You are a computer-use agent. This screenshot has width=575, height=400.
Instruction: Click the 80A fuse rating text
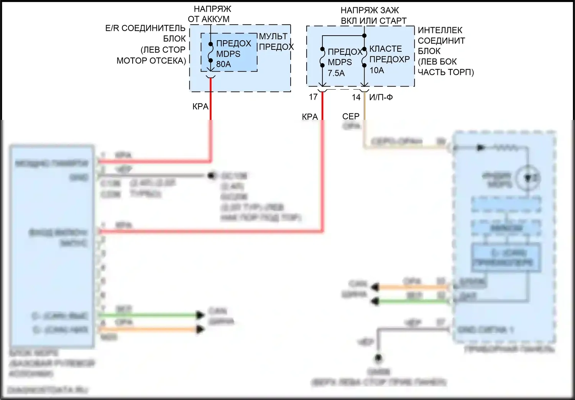click(x=223, y=64)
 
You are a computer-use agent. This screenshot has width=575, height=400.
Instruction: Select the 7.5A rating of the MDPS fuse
click(x=336, y=73)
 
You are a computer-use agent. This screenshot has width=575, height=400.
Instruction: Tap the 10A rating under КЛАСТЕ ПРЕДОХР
click(x=377, y=70)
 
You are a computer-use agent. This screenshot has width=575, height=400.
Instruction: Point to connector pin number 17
click(x=313, y=97)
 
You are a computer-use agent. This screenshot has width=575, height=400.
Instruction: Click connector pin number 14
click(x=356, y=97)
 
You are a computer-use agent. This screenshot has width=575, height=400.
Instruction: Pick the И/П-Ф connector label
click(x=381, y=97)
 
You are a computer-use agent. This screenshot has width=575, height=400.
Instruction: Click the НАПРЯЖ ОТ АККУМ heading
click(x=210, y=14)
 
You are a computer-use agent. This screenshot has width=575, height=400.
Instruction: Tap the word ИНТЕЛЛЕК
click(x=440, y=30)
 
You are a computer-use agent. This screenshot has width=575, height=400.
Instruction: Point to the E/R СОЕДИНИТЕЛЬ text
click(x=145, y=28)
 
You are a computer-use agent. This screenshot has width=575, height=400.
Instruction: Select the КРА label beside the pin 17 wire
click(x=310, y=116)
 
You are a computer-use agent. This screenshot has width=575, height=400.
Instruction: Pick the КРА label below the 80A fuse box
click(x=200, y=107)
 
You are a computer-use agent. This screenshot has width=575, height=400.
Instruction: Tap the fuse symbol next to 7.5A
click(x=322, y=57)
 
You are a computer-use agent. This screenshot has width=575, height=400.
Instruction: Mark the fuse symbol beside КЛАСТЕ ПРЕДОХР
click(x=364, y=57)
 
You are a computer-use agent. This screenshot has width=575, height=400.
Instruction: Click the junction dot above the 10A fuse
click(x=364, y=36)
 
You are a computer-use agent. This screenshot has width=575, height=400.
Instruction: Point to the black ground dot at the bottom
click(x=378, y=358)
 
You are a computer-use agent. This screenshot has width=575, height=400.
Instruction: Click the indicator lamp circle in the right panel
click(x=528, y=178)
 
